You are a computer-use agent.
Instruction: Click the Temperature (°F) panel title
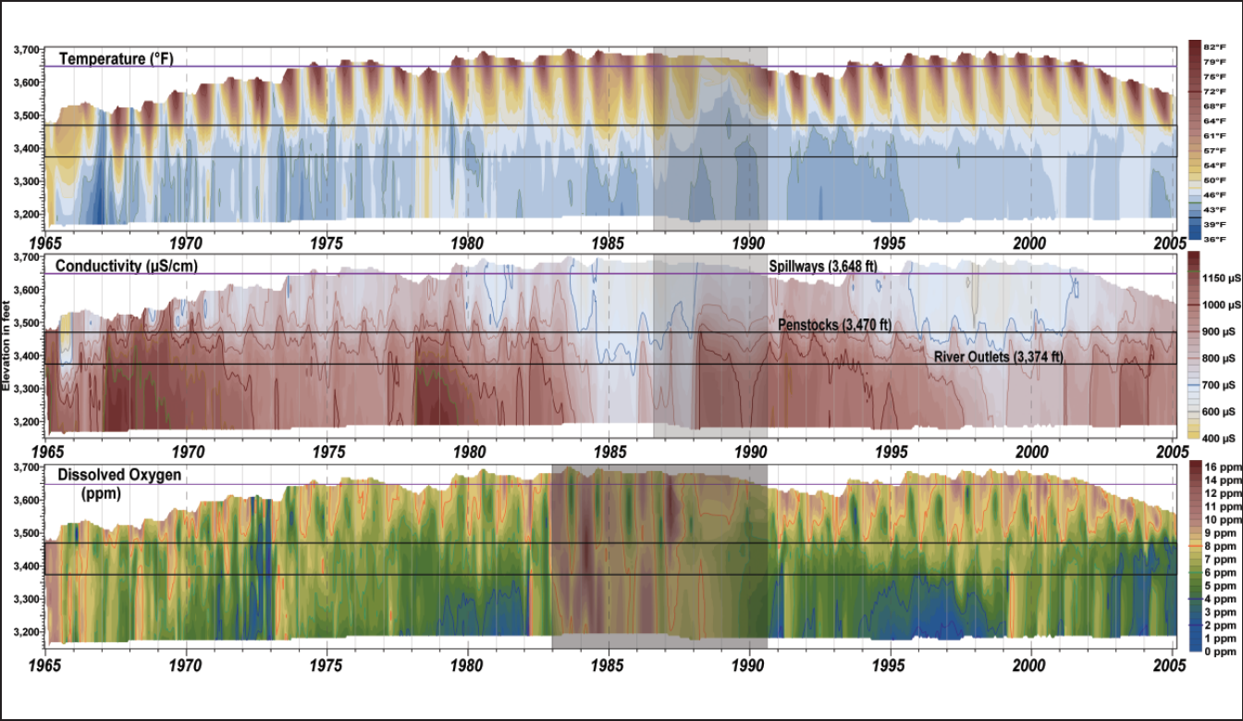tap(116, 59)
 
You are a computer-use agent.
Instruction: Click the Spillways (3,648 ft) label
tap(822, 267)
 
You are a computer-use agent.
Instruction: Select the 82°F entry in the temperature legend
tap(1214, 46)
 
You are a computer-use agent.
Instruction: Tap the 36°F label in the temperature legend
tap(1214, 240)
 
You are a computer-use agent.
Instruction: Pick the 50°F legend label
tap(1214, 180)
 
